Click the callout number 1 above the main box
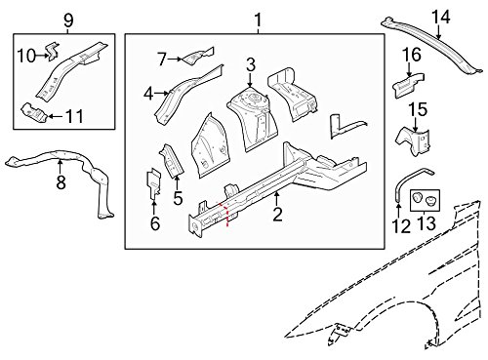tap(258, 20)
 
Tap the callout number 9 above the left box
tap(68, 20)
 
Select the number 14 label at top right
tap(441, 17)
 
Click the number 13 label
tap(426, 223)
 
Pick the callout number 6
tap(155, 223)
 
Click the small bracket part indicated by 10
tap(54, 51)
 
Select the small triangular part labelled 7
tap(198, 57)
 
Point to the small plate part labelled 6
tap(154, 183)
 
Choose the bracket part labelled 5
tap(172, 160)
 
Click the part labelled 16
tap(408, 85)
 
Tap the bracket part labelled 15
tap(413, 140)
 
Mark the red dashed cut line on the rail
tap(225, 214)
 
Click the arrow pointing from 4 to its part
tap(161, 94)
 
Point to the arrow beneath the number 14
tap(438, 32)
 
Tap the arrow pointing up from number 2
tap(277, 198)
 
